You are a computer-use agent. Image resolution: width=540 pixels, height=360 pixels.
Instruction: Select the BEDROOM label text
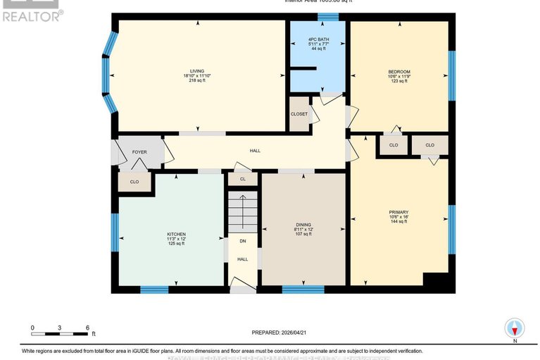click(398, 71)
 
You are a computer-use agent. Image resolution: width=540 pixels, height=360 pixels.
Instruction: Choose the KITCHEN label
click(176, 234)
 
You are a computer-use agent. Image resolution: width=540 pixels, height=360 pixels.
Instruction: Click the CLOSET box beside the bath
click(299, 114)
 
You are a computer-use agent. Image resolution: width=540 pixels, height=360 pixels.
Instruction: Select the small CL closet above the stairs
click(242, 180)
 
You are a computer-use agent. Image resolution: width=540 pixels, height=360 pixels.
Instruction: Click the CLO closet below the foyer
click(134, 181)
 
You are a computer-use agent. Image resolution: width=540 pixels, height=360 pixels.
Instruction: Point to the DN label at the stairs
click(242, 241)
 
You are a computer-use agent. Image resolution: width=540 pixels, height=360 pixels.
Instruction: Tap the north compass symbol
click(515, 328)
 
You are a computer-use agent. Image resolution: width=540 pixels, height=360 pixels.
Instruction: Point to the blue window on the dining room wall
click(303, 289)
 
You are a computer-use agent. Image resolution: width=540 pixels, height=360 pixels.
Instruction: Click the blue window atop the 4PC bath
click(327, 16)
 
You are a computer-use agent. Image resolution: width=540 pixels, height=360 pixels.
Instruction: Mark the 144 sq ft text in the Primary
click(398, 221)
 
